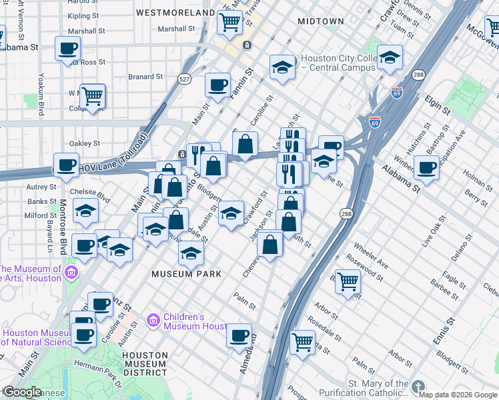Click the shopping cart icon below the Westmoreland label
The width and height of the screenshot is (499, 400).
click(x=229, y=22)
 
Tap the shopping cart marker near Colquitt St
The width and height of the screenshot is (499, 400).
click(x=92, y=96)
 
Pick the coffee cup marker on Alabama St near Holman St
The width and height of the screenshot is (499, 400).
click(x=426, y=167)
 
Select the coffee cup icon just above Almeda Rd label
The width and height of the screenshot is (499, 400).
click(x=239, y=336)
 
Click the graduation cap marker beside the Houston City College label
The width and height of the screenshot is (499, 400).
click(x=282, y=67)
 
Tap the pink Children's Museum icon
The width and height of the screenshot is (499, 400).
click(x=153, y=321)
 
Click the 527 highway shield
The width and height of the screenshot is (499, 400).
click(x=185, y=79)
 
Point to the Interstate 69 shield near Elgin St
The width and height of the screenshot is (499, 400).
click(x=397, y=93)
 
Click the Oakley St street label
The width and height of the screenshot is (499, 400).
click(x=85, y=143)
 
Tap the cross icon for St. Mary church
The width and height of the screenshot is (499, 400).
click(x=418, y=387)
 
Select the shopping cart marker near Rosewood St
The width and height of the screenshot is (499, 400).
click(x=348, y=281)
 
